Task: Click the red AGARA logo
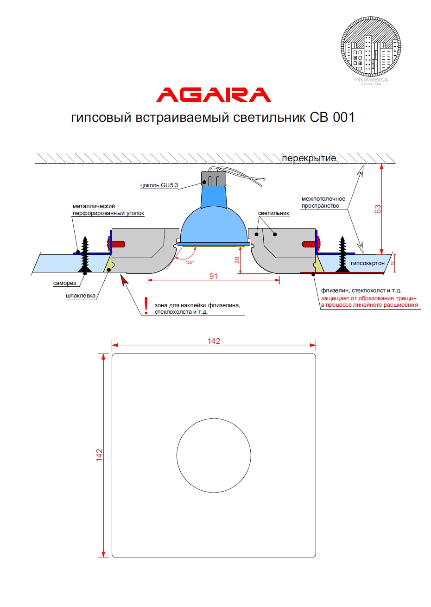[214, 95]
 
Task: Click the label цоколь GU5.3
[159, 186]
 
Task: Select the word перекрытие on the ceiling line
[309, 158]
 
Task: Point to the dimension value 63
[378, 209]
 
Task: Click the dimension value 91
[213, 276]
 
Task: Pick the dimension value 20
[237, 260]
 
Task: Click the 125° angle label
[190, 262]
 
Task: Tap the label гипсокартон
[368, 263]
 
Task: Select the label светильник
[273, 213]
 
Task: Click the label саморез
[64, 283]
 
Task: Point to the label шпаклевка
[81, 296]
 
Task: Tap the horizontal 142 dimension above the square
[214, 341]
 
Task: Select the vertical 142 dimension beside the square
[99, 455]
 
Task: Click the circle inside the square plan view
[214, 455]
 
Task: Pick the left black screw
[85, 254]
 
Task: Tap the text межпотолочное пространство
[323, 202]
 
